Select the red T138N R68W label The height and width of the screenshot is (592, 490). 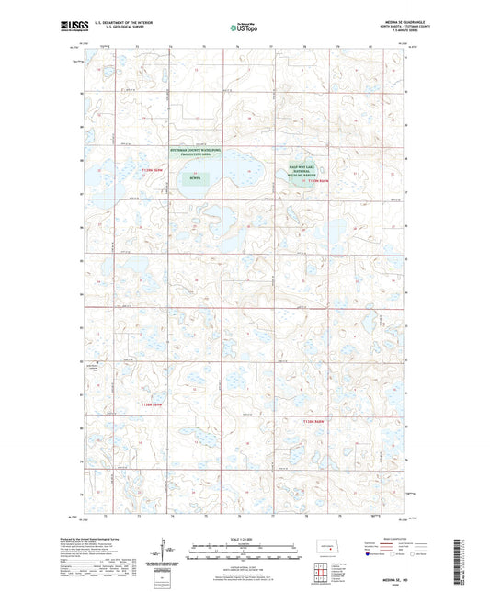tap(315, 420)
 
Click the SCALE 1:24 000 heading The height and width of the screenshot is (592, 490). tap(244, 539)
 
